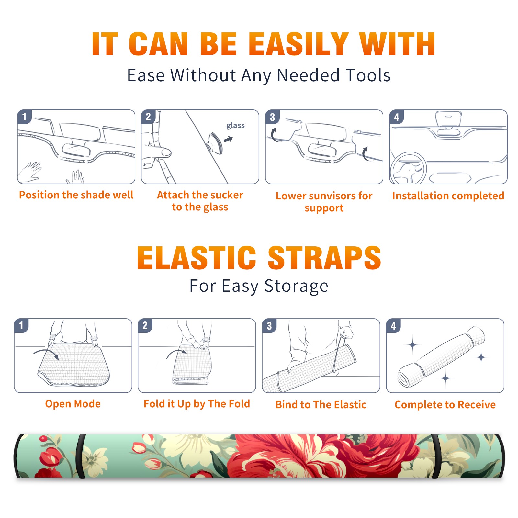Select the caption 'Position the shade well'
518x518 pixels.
click(76, 195)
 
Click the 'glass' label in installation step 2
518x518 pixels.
click(235, 126)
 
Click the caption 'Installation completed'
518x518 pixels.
click(448, 196)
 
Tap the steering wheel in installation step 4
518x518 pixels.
click(408, 168)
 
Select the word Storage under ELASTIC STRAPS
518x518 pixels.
click(296, 287)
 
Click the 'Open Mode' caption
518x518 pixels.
click(73, 404)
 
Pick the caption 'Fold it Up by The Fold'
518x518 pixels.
click(197, 404)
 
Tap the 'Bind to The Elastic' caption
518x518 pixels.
click(321, 405)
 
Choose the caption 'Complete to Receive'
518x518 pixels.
click(445, 405)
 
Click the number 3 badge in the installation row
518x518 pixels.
click(272, 117)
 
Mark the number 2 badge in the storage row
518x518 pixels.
click(145, 325)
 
